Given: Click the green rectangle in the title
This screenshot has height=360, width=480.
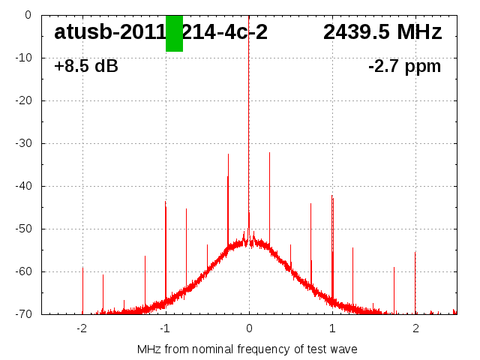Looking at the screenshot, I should pyautogui.click(x=174, y=34).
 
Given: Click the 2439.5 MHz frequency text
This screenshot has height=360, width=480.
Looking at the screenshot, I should pyautogui.click(x=382, y=32).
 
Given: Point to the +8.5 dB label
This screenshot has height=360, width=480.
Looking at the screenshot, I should pyautogui.click(x=86, y=67).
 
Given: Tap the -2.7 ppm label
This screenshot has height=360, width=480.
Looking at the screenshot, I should pyautogui.click(x=404, y=67).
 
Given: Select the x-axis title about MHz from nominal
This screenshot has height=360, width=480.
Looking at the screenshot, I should pyautogui.click(x=247, y=349).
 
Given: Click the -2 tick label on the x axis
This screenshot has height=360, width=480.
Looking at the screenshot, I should pyautogui.click(x=82, y=328).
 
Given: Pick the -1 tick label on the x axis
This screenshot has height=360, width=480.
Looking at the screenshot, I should pyautogui.click(x=165, y=328).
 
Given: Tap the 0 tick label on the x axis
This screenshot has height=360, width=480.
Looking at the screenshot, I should pyautogui.click(x=249, y=328).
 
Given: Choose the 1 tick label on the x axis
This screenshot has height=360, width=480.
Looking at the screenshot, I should pyautogui.click(x=332, y=328).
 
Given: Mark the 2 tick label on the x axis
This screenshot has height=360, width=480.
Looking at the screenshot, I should pyautogui.click(x=415, y=328).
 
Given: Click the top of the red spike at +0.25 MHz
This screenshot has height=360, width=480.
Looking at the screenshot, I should pyautogui.click(x=270, y=153).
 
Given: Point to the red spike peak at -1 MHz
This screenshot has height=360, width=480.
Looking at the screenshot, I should pyautogui.click(x=165, y=202).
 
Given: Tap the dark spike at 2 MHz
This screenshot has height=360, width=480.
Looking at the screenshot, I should pyautogui.click(x=415, y=253).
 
